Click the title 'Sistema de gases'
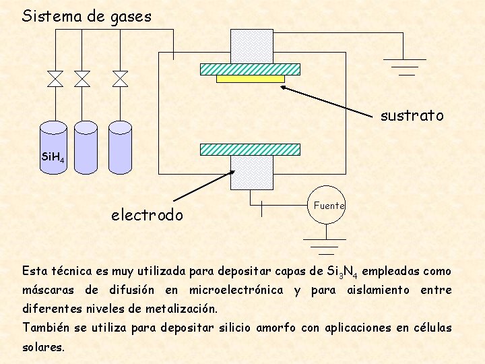click(x=87, y=16)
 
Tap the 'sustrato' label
click(x=412, y=116)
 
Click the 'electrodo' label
click(x=147, y=215)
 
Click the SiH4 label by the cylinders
click(x=53, y=158)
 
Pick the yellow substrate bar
click(x=250, y=78)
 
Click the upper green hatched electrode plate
click(x=250, y=68)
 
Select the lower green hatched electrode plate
click(x=251, y=150)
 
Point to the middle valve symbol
click(x=82, y=78)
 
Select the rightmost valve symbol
click(x=120, y=78)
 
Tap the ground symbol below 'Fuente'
click(x=326, y=247)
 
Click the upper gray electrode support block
click(x=251, y=46)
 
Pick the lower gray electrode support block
click(x=251, y=173)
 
